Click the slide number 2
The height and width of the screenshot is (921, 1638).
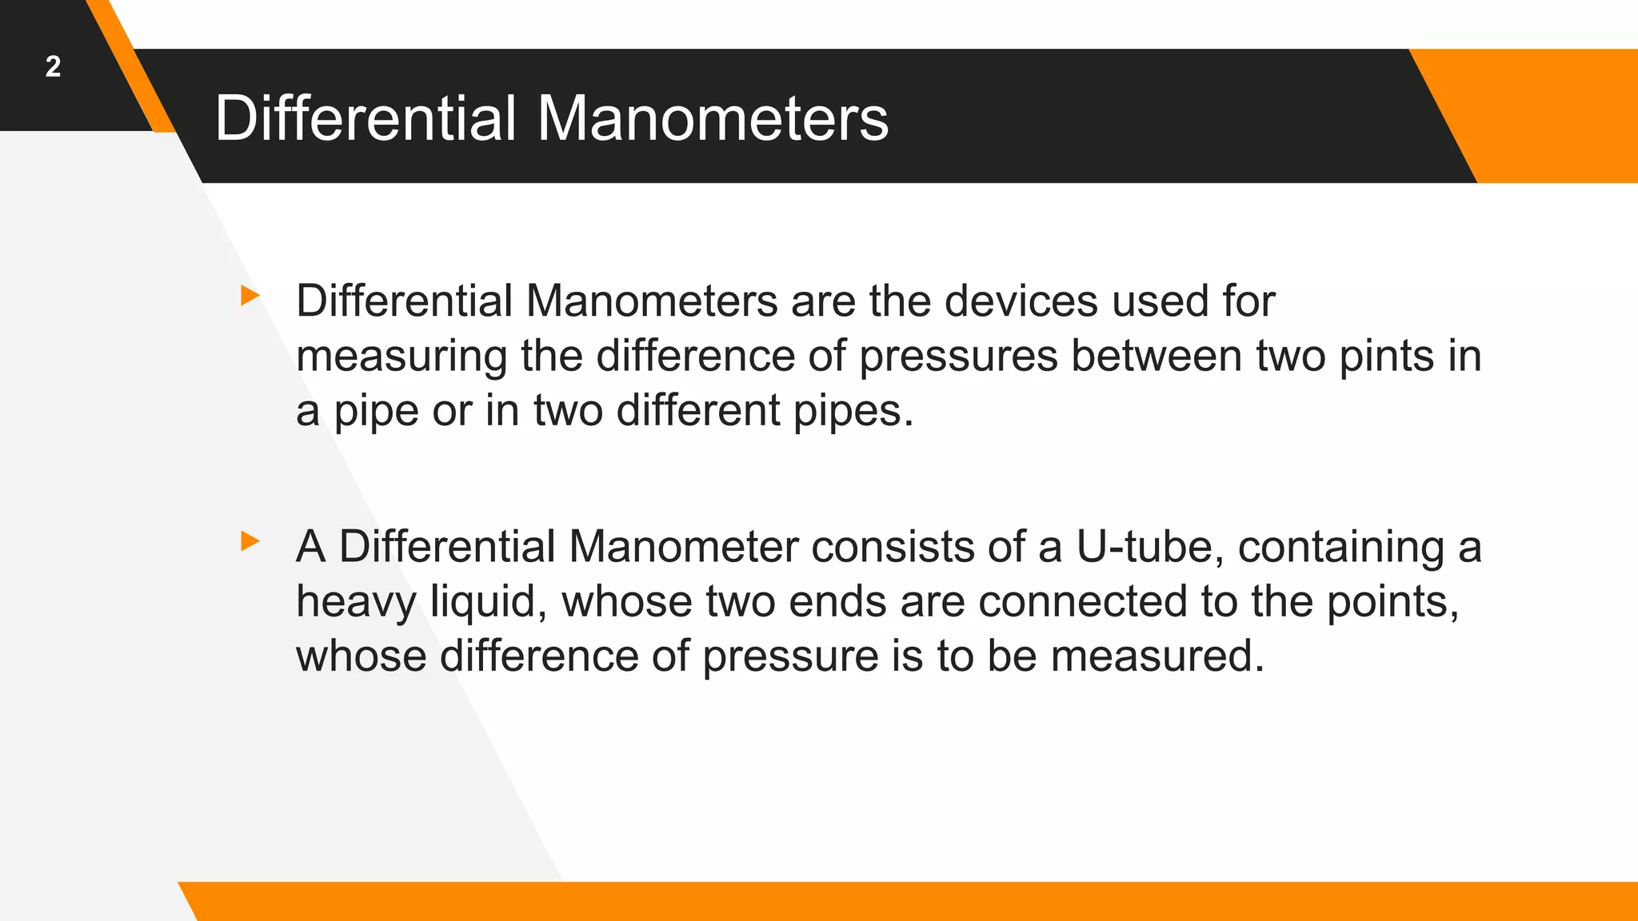(x=53, y=66)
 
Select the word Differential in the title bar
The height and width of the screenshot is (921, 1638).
(x=366, y=118)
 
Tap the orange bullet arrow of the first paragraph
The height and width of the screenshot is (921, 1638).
(x=250, y=296)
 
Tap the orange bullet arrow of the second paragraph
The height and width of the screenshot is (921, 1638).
(x=250, y=541)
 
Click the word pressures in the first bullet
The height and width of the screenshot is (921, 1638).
(x=958, y=357)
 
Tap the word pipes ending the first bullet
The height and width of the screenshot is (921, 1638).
(x=853, y=412)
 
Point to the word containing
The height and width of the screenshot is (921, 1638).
(x=1341, y=548)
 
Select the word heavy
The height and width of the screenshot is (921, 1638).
(x=356, y=603)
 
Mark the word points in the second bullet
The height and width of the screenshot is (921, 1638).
(x=1392, y=603)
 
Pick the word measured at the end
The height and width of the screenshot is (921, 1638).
(x=1157, y=656)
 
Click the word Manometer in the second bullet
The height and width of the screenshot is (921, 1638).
(x=683, y=547)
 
